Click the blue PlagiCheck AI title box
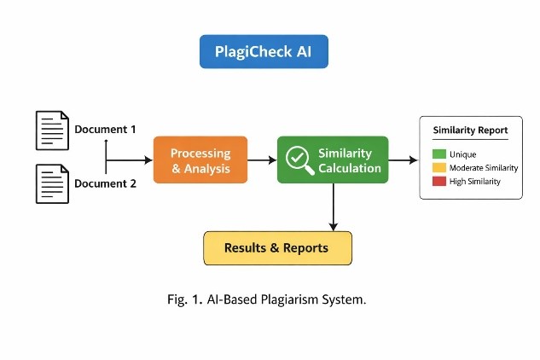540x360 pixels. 263,52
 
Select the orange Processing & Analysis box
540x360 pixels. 200,160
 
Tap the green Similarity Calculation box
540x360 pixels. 332,160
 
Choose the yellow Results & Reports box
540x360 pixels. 277,248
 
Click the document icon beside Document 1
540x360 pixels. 52,131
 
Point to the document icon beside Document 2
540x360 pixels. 52,183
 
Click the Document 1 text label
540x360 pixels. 105,130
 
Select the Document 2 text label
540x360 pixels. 105,183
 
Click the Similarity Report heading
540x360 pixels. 470,131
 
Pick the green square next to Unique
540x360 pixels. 438,154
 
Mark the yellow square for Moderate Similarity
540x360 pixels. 438,168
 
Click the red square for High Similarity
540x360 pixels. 438,182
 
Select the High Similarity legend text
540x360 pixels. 474,182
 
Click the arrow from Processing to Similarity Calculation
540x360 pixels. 262,160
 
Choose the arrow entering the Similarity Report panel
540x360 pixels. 404,160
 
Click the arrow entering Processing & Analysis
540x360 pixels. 129,160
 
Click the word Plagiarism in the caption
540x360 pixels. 288,299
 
